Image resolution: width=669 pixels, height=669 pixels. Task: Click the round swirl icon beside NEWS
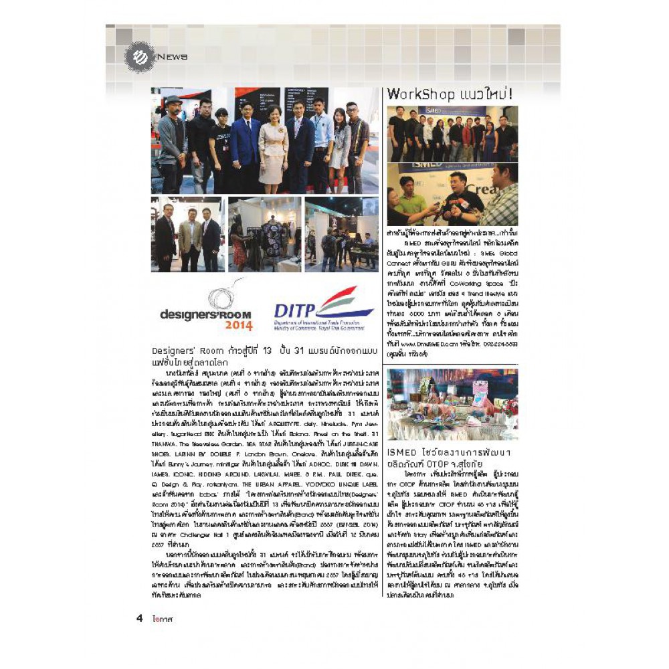(x=139, y=57)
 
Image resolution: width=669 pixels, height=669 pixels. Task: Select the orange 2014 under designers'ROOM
(x=238, y=326)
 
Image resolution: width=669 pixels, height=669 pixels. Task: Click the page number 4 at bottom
(x=140, y=618)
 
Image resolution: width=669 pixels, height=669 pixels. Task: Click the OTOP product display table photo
(x=452, y=405)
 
